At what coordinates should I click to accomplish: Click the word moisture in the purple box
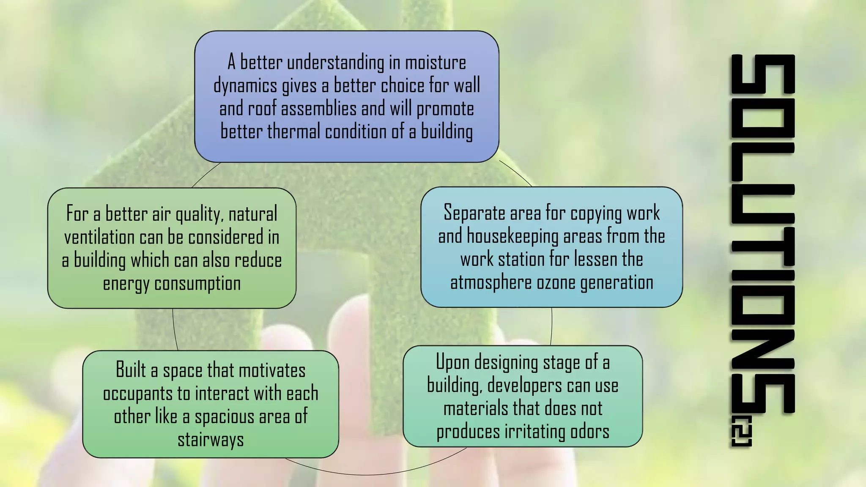click(x=436, y=63)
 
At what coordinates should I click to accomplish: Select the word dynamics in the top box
click(x=245, y=86)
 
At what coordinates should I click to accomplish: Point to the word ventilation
click(x=99, y=238)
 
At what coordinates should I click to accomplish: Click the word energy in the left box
click(x=126, y=284)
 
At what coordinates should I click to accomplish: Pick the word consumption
click(x=197, y=284)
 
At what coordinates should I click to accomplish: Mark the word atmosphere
click(x=491, y=282)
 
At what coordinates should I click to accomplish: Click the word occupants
click(x=137, y=394)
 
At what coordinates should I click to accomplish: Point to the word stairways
click(x=211, y=440)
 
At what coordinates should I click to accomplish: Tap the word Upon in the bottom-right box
click(x=452, y=363)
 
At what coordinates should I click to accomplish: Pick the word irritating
click(x=534, y=432)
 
